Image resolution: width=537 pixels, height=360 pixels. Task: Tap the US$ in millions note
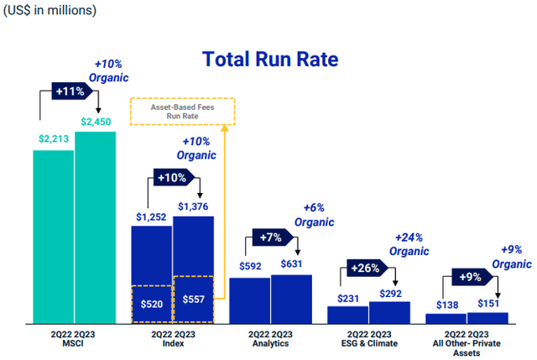pyautogui.click(x=50, y=11)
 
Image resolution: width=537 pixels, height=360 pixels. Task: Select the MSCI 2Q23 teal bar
pyautogui.click(x=95, y=227)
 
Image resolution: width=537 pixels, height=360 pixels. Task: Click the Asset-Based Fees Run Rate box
pyautogui.click(x=183, y=112)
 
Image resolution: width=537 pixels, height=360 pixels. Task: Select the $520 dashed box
pyautogui.click(x=151, y=304)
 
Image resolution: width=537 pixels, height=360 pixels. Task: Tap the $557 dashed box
pyautogui.click(x=193, y=300)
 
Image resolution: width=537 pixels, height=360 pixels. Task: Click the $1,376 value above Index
pyautogui.click(x=194, y=206)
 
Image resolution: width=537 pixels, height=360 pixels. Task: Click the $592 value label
pyautogui.click(x=249, y=266)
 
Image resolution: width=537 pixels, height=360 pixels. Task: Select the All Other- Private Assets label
pyautogui.click(x=467, y=342)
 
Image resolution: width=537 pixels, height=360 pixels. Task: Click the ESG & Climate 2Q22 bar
pyautogui.click(x=347, y=315)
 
